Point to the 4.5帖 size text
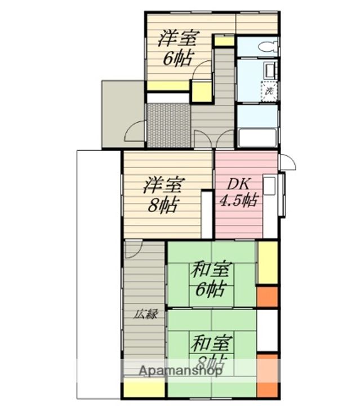point(239,201)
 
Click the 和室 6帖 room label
point(210,280)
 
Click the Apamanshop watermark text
point(172,370)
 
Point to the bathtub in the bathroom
point(257,137)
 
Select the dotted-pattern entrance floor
point(168,125)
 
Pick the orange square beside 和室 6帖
point(268,297)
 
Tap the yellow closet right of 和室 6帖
point(268,263)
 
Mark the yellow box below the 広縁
point(144,389)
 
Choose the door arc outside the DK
point(287,162)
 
